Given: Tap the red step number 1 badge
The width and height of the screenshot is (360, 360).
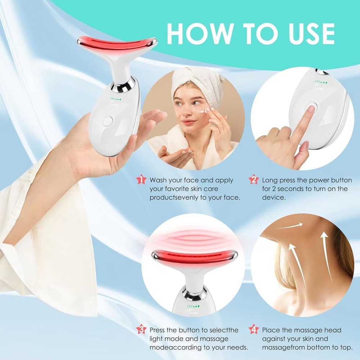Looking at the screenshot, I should coord(141,179).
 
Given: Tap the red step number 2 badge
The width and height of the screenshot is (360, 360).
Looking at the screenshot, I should coord(254,179).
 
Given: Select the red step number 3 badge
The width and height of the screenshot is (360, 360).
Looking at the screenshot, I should coord(141,329).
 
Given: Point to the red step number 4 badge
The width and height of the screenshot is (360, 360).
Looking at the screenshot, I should coord(254,329).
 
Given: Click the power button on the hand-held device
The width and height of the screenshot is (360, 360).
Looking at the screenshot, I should coord(107,122).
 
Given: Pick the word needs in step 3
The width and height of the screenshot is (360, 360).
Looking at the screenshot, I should coord(238,347).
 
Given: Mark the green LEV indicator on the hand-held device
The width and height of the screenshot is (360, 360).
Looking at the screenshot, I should coord(116,98).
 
